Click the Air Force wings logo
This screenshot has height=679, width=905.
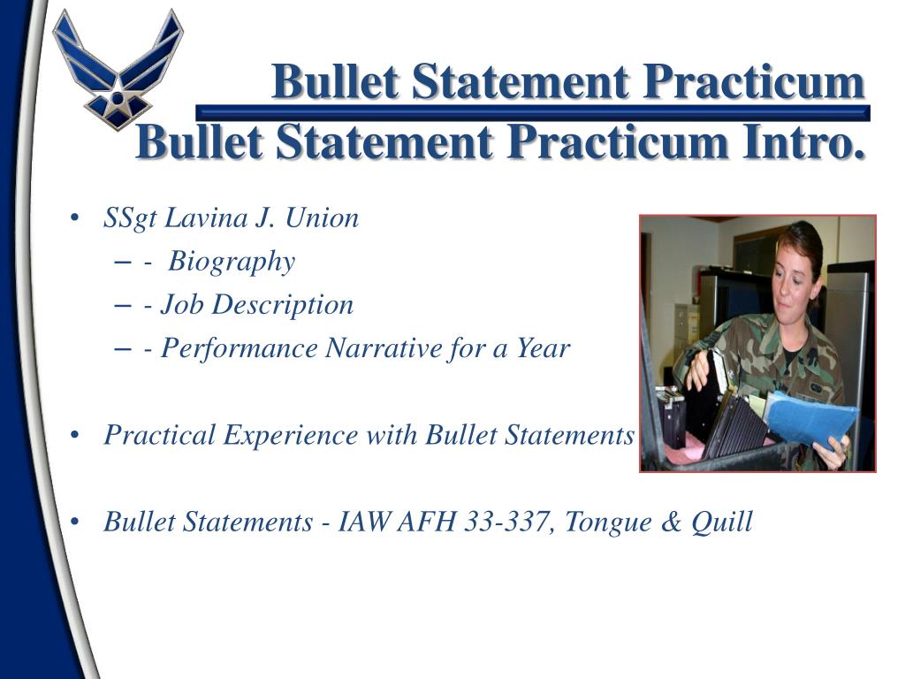[118, 69]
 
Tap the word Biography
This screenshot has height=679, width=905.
[232, 262]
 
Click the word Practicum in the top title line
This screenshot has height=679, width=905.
[753, 81]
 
